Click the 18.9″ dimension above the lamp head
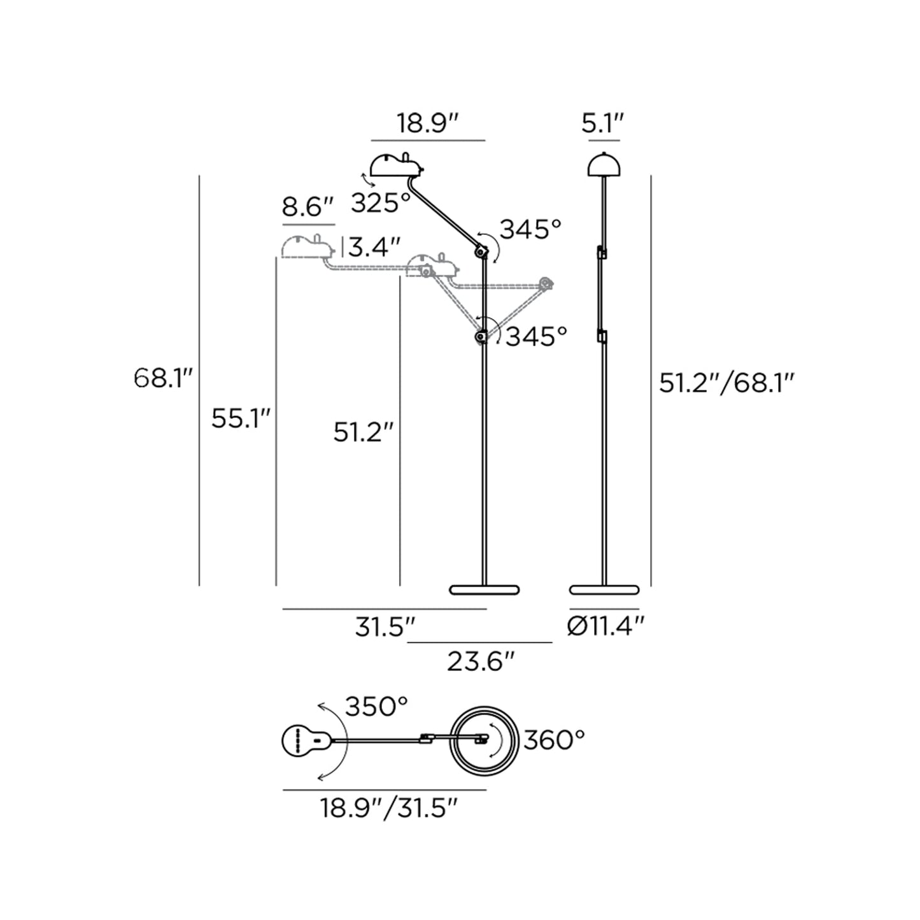[428, 124]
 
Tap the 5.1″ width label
[603, 124]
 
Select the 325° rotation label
[381, 203]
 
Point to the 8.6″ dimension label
[308, 207]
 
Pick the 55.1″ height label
[241, 419]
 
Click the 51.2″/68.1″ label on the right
[727, 383]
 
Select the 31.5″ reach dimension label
[385, 627]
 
